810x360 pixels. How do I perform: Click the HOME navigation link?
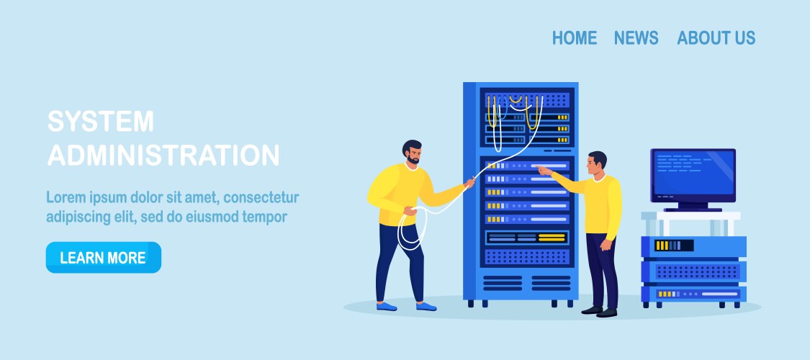[x=574, y=38]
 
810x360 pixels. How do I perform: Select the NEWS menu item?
[x=636, y=38]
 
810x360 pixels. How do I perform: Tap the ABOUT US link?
[x=716, y=38]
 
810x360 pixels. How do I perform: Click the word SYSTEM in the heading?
[x=101, y=121]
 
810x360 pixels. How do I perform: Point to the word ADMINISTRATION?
[x=163, y=155]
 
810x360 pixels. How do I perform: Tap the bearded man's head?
[x=413, y=152]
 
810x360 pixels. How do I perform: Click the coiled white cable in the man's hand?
[x=410, y=227]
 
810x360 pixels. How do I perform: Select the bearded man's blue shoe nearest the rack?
[x=426, y=306]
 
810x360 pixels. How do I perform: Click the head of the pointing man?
[x=598, y=163]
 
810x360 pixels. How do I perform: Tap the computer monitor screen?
[x=693, y=175]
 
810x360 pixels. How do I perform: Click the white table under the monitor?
[x=690, y=216]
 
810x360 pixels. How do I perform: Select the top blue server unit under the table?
[x=693, y=246]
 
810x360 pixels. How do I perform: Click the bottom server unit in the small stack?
[x=693, y=294]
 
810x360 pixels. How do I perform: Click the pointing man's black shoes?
[x=600, y=311]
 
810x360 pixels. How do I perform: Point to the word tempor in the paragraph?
[x=264, y=216]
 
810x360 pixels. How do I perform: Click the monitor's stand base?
[x=693, y=209]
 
